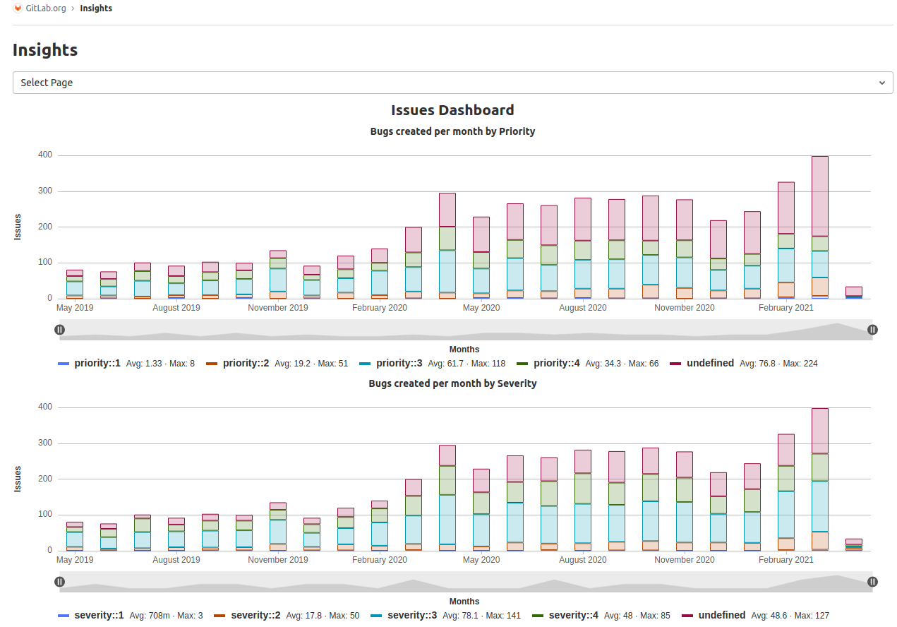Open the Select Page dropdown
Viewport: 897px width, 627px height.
[x=452, y=83]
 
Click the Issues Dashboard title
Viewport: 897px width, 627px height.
[x=452, y=110]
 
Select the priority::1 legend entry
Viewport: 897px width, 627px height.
[x=97, y=364]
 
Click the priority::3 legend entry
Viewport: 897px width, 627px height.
[x=399, y=364]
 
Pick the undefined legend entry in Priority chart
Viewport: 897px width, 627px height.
[x=710, y=364]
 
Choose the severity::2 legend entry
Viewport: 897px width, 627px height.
[x=255, y=616]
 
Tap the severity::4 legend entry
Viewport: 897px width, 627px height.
[x=573, y=616]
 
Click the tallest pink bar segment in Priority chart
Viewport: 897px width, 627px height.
[x=819, y=196]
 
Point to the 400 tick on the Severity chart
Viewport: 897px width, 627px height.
[x=45, y=407]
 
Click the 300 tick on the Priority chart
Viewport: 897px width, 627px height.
[x=45, y=191]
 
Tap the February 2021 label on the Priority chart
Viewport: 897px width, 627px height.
[x=785, y=308]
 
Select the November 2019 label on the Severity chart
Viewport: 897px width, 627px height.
[x=278, y=560]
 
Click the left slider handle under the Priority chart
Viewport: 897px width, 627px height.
[x=60, y=330]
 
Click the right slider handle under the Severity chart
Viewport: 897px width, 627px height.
[x=872, y=582]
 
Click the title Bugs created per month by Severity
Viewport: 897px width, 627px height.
[x=452, y=383]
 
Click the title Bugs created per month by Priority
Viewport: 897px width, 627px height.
[x=452, y=131]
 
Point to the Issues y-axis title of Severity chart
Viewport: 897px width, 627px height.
[x=18, y=479]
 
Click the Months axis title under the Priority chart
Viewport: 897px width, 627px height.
[x=464, y=350]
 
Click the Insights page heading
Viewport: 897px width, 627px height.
[x=45, y=50]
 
